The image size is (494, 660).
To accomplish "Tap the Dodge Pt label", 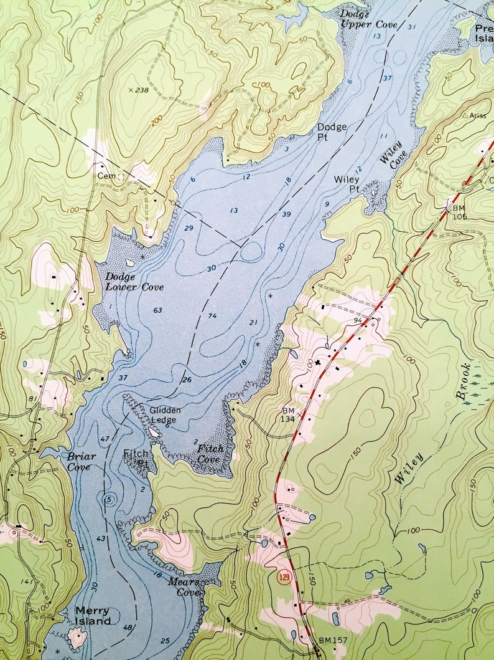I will click(332, 132).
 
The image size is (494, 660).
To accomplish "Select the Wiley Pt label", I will click(347, 184).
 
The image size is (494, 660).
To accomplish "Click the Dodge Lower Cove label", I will click(134, 282).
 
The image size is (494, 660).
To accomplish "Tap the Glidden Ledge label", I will click(165, 415).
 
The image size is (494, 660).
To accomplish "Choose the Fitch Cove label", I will click(210, 454).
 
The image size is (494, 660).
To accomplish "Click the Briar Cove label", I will click(82, 461).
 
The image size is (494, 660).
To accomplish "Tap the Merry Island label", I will click(93, 616).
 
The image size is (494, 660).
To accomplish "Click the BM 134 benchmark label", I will click(288, 415).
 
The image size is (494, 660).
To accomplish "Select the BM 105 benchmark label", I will click(459, 212).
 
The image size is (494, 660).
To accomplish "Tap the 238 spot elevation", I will click(141, 90).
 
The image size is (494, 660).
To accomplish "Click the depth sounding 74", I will click(212, 316).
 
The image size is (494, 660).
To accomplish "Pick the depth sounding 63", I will click(157, 310).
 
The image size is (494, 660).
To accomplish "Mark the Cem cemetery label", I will click(103, 176).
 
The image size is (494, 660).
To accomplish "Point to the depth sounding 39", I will click(286, 214).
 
